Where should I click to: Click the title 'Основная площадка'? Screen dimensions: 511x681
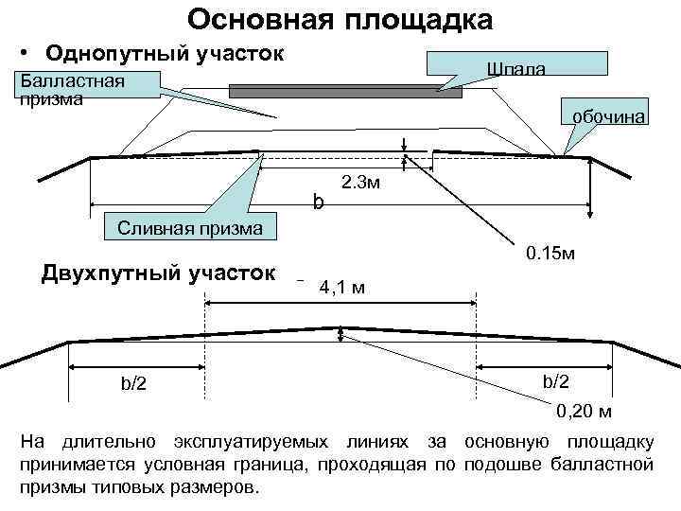tap(340, 20)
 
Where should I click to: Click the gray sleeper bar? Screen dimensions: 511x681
tap(345, 92)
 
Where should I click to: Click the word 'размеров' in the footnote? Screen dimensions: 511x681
tap(216, 488)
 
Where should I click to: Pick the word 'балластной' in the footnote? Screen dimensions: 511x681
tap(605, 465)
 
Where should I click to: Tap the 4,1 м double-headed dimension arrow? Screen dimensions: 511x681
tap(340, 303)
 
